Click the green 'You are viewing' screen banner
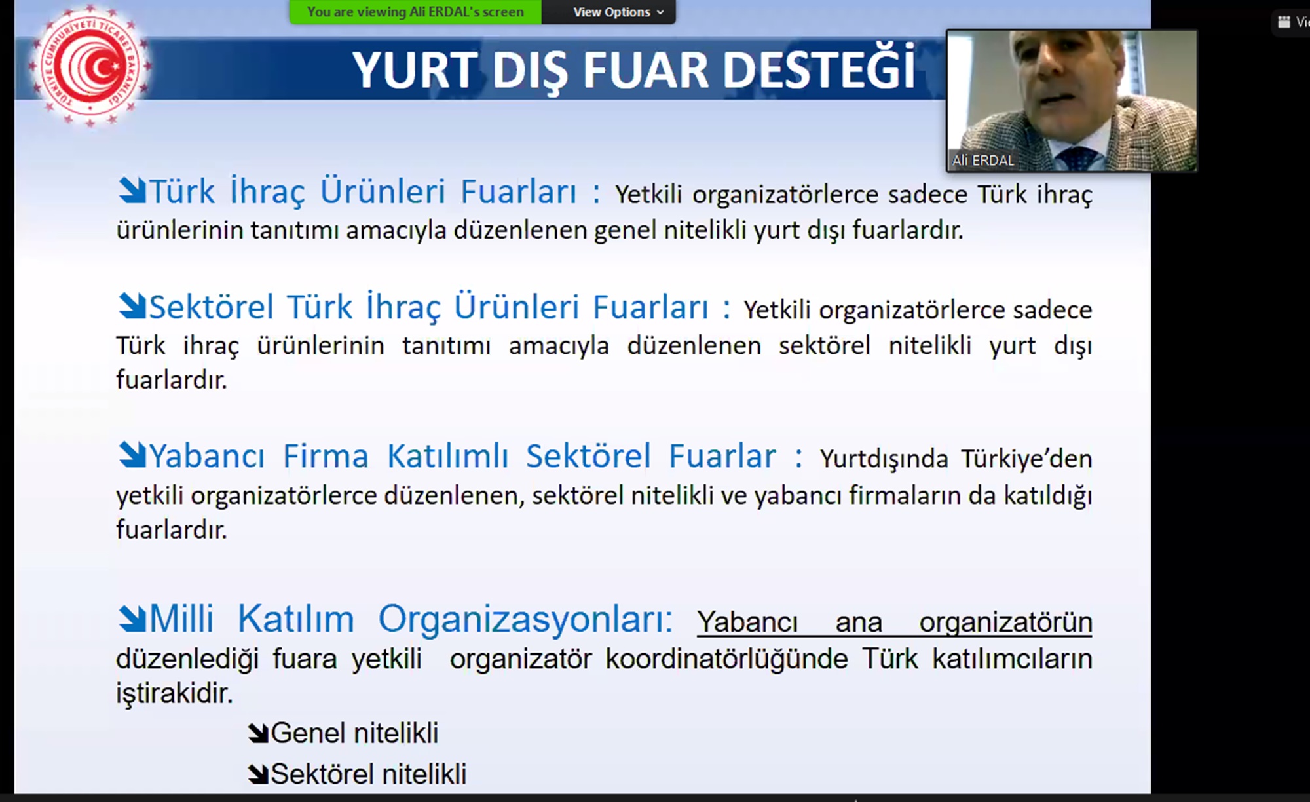(415, 12)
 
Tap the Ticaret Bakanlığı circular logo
(90, 66)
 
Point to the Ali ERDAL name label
(982, 161)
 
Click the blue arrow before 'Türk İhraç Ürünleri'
(132, 191)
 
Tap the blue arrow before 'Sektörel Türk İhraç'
(132, 306)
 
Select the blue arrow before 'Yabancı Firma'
(132, 455)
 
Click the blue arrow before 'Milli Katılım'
(132, 618)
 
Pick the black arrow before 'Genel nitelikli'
(259, 733)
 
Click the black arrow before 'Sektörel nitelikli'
(259, 774)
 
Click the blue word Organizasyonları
(525, 619)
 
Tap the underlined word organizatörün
(1005, 622)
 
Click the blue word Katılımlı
(448, 456)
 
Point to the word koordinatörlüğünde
(726, 659)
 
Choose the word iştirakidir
(174, 693)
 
